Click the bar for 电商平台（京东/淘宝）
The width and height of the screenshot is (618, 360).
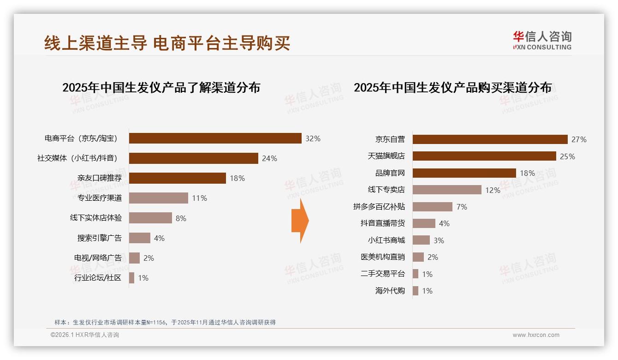point(215,138)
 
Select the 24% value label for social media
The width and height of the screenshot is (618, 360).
point(269,158)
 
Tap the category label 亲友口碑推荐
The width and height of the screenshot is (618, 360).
point(100,178)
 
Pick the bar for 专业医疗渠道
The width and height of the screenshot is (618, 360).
point(158,198)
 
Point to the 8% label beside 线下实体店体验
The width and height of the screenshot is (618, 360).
point(181,218)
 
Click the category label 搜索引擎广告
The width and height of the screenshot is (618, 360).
point(100,238)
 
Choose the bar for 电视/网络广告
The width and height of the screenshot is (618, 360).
point(134,258)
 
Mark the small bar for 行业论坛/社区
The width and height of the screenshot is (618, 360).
point(131,278)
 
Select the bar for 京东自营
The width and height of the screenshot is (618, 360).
point(490,139)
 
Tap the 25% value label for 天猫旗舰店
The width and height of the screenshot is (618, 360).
point(567,156)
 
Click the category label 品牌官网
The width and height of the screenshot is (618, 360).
point(390,173)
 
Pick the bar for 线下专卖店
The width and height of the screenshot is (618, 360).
point(446,190)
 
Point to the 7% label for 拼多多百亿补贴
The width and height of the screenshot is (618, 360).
point(462,207)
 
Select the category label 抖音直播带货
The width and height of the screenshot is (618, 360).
point(382,223)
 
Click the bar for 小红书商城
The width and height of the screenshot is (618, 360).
point(421,240)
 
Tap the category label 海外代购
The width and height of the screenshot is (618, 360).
point(390,291)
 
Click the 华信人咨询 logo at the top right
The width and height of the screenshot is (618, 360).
point(542,40)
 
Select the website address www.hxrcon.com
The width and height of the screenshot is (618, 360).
point(535,335)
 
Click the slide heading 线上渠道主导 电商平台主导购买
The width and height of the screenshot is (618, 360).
point(167,43)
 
